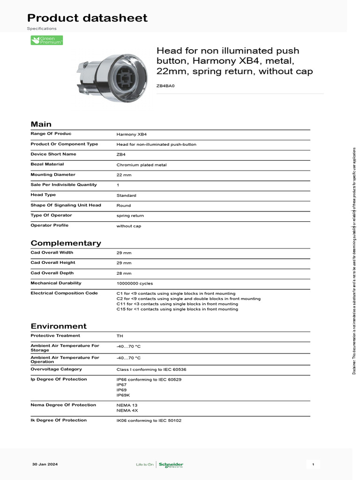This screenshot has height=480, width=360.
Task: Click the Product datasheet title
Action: pyautogui.click(x=87, y=18)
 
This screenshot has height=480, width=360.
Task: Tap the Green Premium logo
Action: pyautogui.click(x=46, y=40)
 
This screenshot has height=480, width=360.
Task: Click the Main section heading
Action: pyautogui.click(x=41, y=124)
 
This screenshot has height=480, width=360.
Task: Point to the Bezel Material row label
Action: pyautogui.click(x=47, y=164)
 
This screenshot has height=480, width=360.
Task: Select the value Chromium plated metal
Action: pyautogui.click(x=141, y=165)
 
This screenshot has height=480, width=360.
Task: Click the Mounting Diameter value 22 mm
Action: pyautogui.click(x=124, y=175)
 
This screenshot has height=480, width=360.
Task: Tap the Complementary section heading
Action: pyautogui.click(x=66, y=243)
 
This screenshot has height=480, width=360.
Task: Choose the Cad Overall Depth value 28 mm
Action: pyautogui.click(x=124, y=273)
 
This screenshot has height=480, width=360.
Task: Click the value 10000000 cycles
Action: pyautogui.click(x=135, y=283)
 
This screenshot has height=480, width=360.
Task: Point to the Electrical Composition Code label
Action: pyautogui.click(x=64, y=293)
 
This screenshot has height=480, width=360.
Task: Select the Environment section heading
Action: pyautogui.click(x=59, y=326)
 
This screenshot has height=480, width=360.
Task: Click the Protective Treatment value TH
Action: pyautogui.click(x=120, y=336)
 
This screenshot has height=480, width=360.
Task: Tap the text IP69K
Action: pyautogui.click(x=123, y=395)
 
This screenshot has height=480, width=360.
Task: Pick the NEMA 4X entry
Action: pyautogui.click(x=127, y=410)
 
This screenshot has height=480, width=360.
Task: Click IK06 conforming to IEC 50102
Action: pyautogui.click(x=149, y=420)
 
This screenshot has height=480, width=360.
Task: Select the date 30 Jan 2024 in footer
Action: pyautogui.click(x=45, y=464)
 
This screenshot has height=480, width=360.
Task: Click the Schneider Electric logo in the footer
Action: pyautogui.click(x=171, y=465)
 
